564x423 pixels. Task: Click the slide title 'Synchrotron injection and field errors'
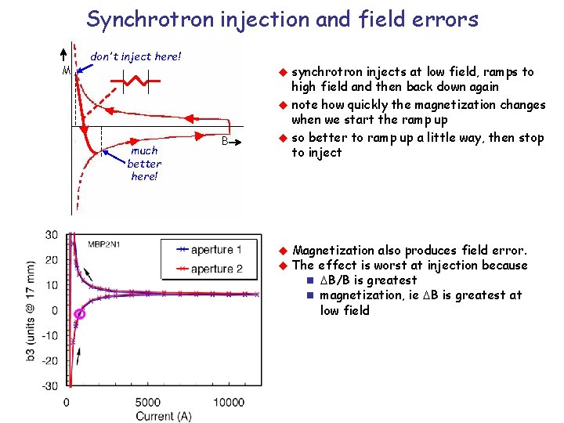282,19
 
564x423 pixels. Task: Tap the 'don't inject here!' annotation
136,56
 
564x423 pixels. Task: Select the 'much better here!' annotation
144,163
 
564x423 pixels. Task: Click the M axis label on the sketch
67,70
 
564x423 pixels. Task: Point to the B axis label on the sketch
224,142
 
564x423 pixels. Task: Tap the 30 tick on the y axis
51,235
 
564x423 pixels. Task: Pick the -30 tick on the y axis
49,385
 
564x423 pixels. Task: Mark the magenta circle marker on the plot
79,315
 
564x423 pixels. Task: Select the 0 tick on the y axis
53,310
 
